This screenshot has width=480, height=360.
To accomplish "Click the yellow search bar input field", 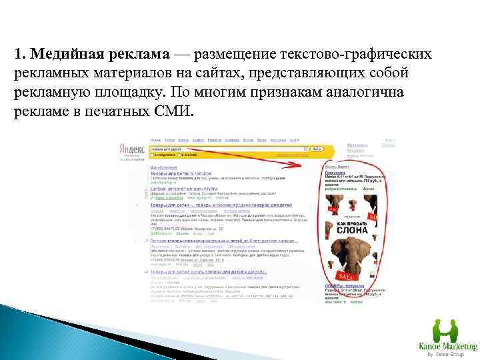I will tap(227, 149).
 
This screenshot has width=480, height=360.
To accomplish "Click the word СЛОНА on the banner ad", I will tap(347, 229).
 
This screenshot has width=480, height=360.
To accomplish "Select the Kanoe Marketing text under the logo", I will tap(447, 347).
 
